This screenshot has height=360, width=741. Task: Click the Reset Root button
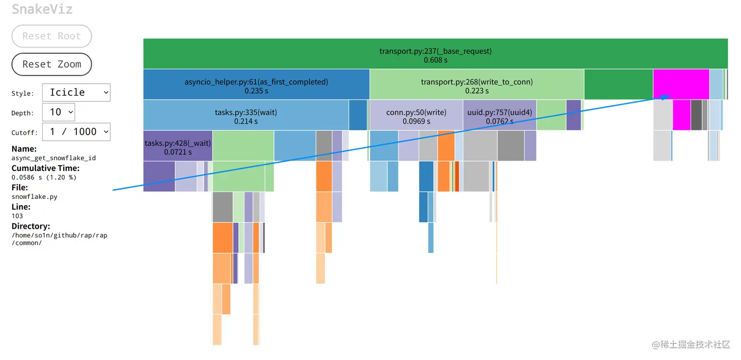[51, 36]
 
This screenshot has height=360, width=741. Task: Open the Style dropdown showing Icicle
[76, 93]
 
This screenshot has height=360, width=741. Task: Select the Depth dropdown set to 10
[58, 112]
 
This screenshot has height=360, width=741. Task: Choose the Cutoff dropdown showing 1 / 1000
[76, 132]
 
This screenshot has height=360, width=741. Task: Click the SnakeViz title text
[42, 9]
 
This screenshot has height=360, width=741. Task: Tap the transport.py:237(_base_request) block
[435, 54]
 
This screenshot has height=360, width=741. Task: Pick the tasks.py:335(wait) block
[246, 116]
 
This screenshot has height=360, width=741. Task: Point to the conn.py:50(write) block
[416, 116]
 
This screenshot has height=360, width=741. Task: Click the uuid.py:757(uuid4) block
[499, 116]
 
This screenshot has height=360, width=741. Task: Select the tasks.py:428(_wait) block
[177, 146]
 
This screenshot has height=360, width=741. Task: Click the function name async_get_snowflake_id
[54, 158]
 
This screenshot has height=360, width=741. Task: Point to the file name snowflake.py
[34, 197]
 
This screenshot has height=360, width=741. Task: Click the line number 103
[17, 216]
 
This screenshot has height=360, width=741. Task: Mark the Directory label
[31, 226]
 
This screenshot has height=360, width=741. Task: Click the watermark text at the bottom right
[691, 345]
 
